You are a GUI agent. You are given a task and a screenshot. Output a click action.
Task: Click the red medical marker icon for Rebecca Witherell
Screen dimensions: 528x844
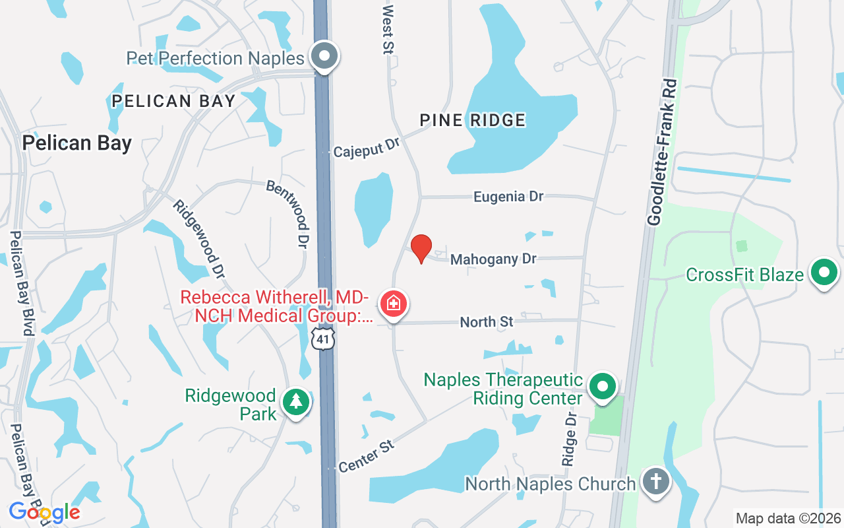(x=394, y=304)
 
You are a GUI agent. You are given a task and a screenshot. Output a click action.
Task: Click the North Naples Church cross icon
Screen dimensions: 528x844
(x=655, y=482)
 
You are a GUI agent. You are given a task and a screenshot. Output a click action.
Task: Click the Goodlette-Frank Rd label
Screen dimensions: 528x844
(x=662, y=153)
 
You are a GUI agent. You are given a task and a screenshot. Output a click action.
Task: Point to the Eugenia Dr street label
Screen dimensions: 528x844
(x=508, y=197)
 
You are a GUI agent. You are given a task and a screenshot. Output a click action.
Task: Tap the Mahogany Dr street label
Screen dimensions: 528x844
(x=493, y=259)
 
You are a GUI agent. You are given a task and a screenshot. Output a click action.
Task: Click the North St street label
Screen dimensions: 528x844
(x=487, y=321)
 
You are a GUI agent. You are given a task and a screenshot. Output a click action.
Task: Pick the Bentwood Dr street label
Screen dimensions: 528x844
(x=288, y=214)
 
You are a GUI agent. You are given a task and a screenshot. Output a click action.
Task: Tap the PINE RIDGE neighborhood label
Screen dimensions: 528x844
(x=473, y=120)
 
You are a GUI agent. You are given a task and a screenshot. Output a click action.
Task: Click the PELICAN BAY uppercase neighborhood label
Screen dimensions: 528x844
(x=173, y=101)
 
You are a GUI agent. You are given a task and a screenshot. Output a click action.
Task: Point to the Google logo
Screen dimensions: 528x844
(x=44, y=511)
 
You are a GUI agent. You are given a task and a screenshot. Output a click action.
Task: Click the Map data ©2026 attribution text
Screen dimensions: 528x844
(x=788, y=518)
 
